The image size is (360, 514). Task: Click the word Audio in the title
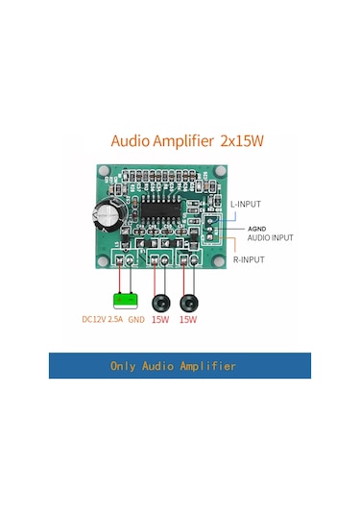(x=132, y=140)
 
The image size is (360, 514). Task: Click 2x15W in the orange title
(x=241, y=140)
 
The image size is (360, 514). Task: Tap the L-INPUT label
(x=245, y=204)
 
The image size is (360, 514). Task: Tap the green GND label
(x=135, y=318)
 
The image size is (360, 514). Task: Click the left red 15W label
(x=159, y=318)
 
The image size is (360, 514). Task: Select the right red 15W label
(x=187, y=318)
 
